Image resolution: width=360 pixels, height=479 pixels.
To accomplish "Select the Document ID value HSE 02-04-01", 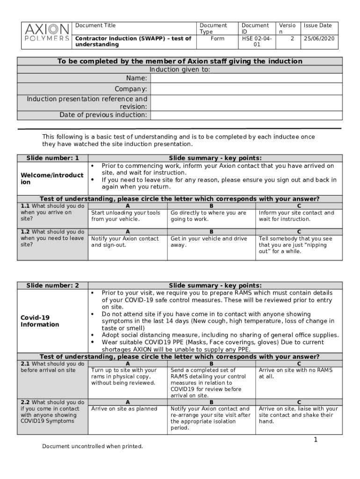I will (256, 42).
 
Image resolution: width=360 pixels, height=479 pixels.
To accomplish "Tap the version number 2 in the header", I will (292, 39).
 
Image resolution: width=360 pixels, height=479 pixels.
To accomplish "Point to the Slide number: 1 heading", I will (52, 158).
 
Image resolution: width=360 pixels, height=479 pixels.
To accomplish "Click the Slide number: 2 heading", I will (52, 286).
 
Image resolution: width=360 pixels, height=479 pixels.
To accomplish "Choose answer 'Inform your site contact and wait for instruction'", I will (296, 216).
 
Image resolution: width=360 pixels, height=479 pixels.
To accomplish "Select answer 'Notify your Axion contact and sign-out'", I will (125, 242).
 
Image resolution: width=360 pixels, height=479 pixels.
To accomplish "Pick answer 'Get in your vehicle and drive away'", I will (209, 242).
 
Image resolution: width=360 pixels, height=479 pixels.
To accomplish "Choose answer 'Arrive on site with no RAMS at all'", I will (296, 373).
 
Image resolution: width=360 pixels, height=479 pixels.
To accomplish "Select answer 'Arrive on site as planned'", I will (124, 409).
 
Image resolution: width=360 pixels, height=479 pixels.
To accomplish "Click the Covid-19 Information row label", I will (40, 321).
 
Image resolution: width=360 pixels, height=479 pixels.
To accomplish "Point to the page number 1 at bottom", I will (316, 440).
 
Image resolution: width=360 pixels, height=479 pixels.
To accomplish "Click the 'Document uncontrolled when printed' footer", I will (93, 446).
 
